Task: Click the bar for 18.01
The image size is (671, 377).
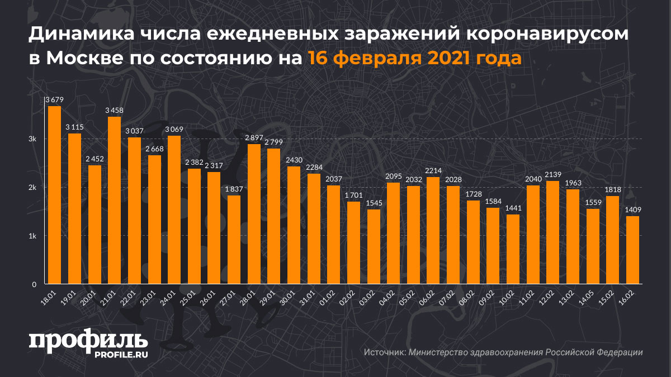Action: click(54, 195)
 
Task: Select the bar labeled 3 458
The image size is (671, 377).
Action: click(114, 201)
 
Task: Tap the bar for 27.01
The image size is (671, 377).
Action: click(234, 240)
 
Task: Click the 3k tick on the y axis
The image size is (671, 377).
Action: click(33, 139)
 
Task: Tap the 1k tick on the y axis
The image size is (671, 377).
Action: click(33, 236)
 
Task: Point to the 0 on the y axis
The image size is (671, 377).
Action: click(34, 284)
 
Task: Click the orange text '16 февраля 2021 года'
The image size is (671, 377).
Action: click(414, 58)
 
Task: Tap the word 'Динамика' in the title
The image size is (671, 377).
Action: click(78, 35)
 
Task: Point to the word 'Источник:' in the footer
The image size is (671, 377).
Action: click(384, 352)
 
